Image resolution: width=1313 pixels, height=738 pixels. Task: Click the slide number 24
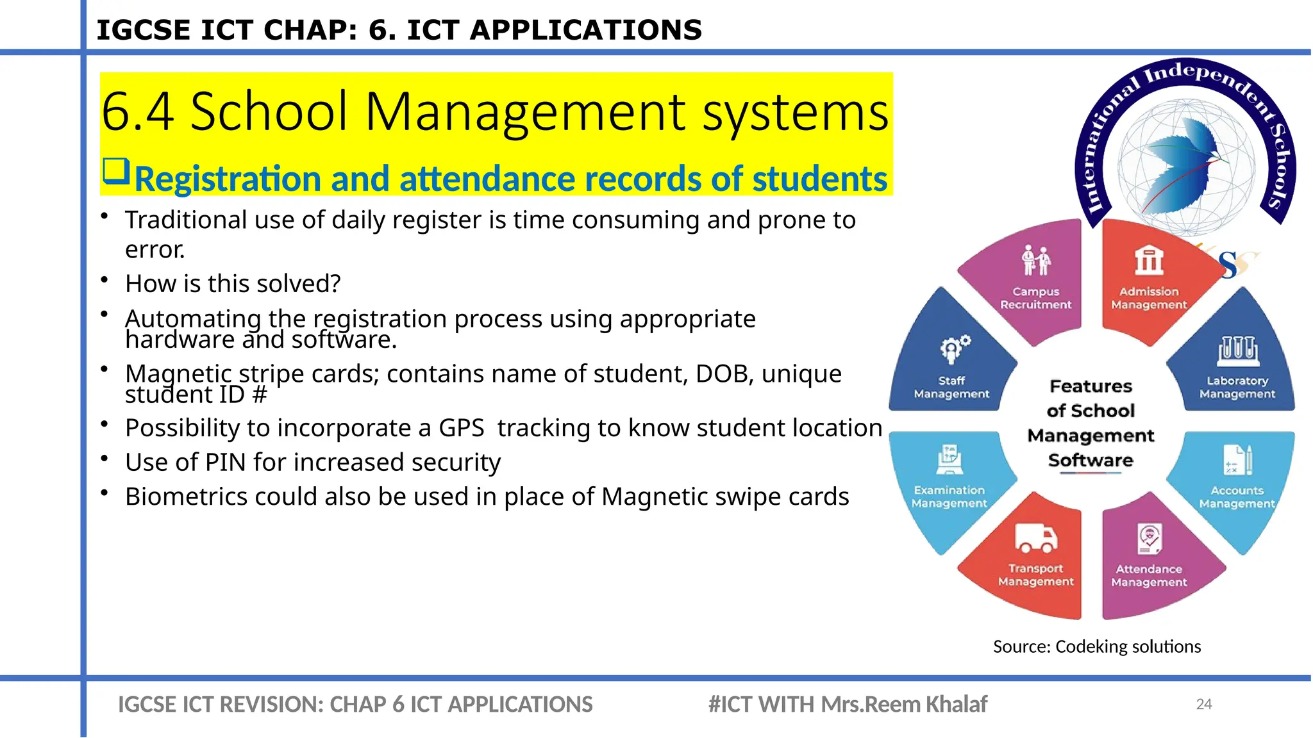(1203, 704)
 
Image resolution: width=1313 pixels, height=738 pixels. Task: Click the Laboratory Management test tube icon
(1237, 350)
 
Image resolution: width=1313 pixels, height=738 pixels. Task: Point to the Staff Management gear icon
(955, 348)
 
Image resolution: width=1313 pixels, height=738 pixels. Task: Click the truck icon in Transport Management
(1035, 538)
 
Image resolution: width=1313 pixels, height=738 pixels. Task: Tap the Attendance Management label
(1148, 575)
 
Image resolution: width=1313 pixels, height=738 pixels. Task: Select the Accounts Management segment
(1236, 487)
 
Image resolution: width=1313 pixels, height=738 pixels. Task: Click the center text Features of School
(1091, 398)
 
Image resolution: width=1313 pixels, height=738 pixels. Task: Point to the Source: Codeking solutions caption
(1096, 646)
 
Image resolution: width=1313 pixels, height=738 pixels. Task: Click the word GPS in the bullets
(461, 428)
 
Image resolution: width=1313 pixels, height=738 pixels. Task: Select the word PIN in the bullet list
(224, 462)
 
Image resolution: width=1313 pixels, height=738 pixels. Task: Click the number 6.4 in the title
(137, 112)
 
